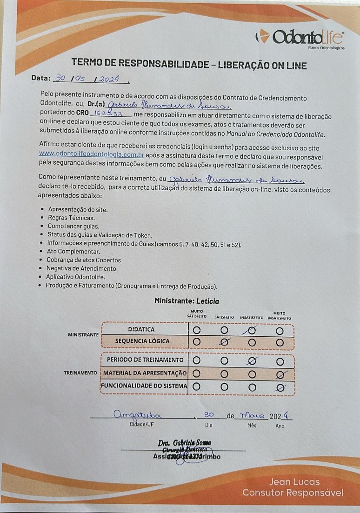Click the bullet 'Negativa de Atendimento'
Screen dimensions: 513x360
[81, 268]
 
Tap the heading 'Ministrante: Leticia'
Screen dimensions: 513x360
[187, 301]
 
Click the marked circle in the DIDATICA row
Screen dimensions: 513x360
[252, 330]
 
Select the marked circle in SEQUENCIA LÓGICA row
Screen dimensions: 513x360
[224, 341]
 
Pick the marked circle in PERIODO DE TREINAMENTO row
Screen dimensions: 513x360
[252, 360]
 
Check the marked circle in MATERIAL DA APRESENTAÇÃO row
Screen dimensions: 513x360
[280, 373]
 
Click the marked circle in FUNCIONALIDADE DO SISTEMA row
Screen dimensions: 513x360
[280, 386]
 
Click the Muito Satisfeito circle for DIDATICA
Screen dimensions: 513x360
[197, 330]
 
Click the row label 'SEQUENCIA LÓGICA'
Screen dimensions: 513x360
[142, 341]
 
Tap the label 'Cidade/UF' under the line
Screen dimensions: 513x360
[143, 425]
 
